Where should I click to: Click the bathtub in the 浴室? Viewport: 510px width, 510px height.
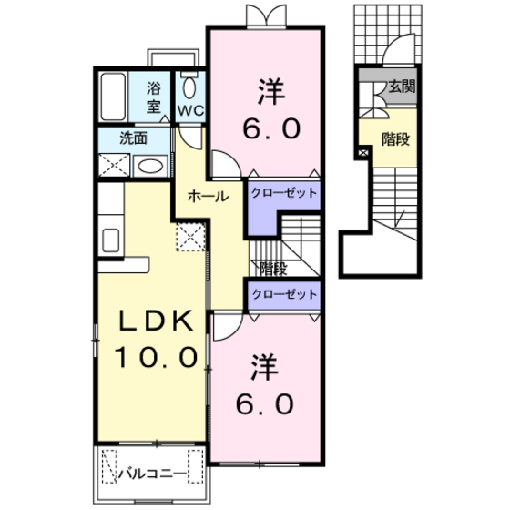[x=113, y=97]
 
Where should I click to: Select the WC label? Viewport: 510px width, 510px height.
[x=190, y=111]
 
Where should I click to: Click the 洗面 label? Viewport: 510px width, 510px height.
[x=133, y=138]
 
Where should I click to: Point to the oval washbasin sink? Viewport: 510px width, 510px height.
[x=150, y=167]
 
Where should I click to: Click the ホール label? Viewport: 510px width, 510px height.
[x=209, y=196]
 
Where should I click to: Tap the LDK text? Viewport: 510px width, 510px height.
[x=155, y=321]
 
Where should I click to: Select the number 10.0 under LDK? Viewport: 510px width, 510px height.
[x=156, y=357]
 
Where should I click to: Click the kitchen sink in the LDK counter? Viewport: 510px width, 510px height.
[x=110, y=240]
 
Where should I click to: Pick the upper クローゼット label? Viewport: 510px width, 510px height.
[x=284, y=193]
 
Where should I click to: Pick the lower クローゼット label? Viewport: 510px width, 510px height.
[x=284, y=294]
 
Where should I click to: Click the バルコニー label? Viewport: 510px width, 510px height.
[x=152, y=474]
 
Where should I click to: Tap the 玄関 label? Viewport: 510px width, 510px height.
[x=403, y=87]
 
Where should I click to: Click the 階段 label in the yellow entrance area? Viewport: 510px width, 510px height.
[x=395, y=139]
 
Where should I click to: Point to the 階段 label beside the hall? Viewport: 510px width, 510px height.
[x=273, y=269]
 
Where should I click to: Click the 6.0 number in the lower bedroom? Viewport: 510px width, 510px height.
[x=265, y=403]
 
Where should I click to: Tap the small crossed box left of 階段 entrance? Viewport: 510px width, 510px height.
[x=363, y=152]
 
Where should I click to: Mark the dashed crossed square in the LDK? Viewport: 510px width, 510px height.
[x=190, y=237]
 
